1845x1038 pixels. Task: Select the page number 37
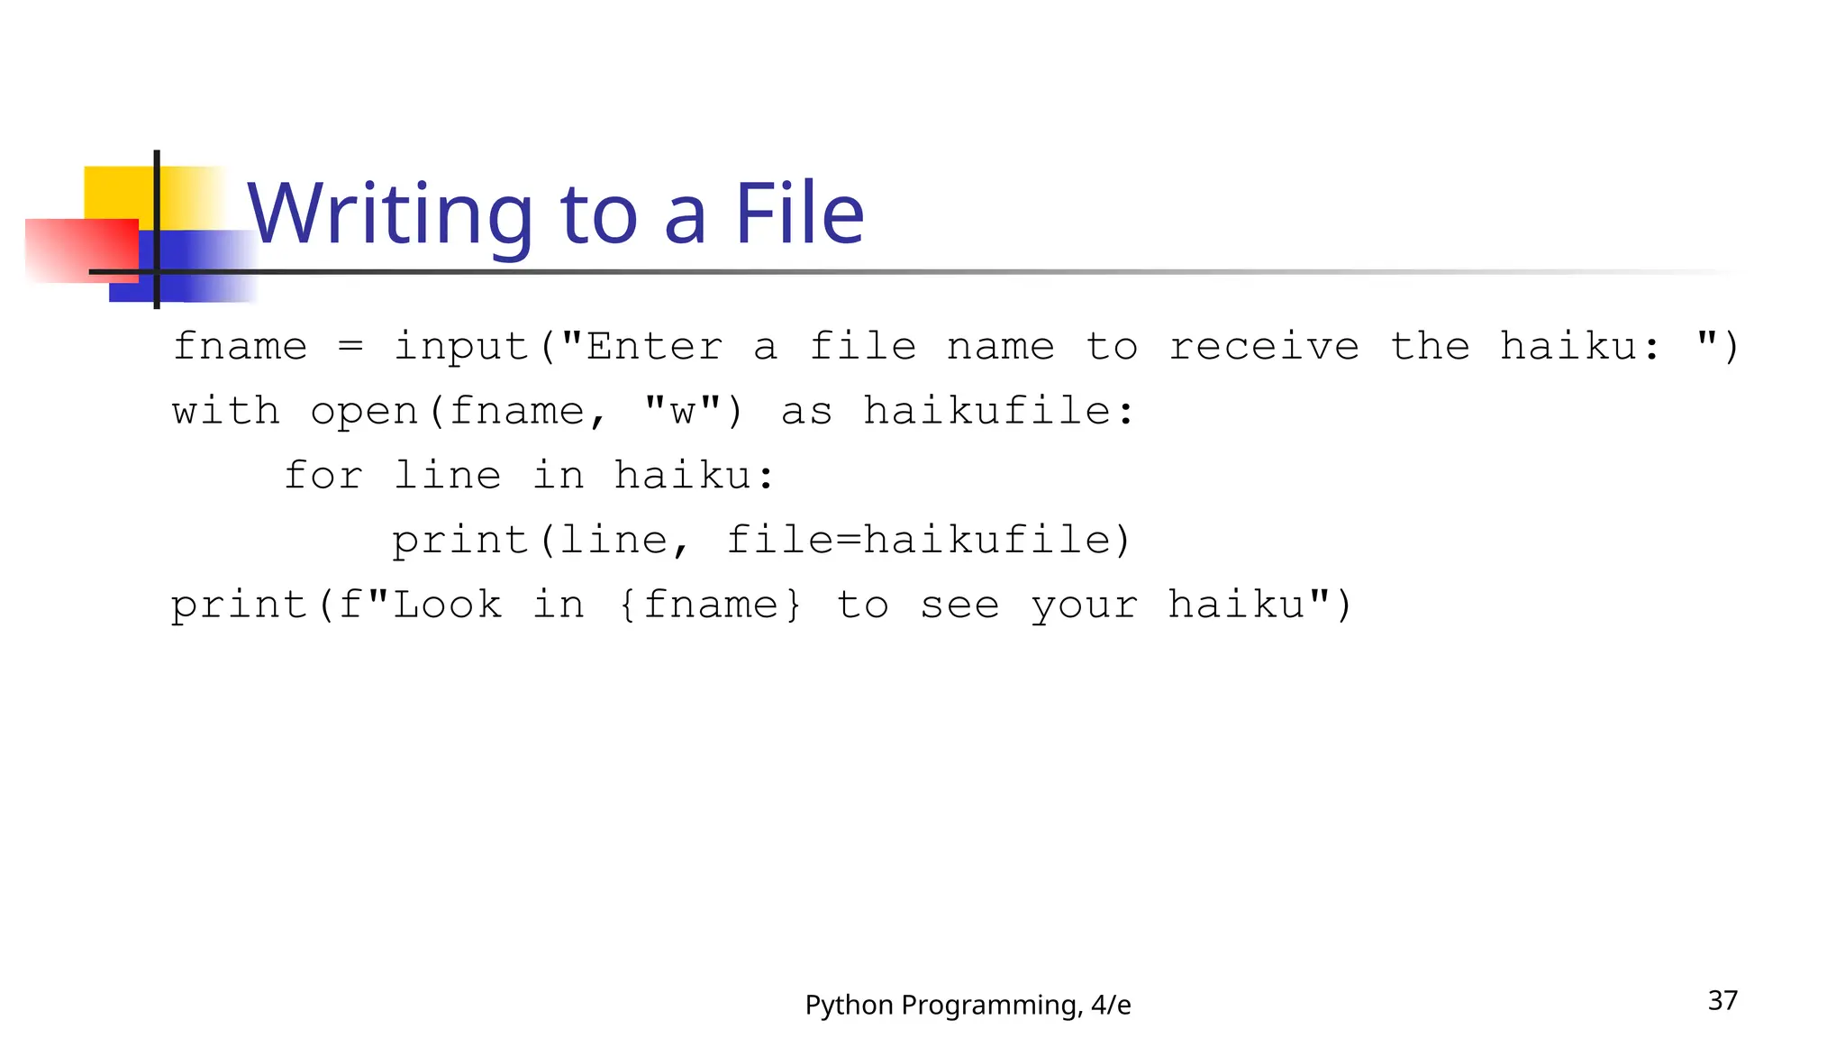pos(1722,1000)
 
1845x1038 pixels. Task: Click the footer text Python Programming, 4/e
pos(968,1005)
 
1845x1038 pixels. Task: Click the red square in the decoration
pos(81,250)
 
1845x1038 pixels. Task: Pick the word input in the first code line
pos(460,347)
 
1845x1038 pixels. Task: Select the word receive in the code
pos(1264,347)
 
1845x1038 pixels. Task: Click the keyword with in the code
pos(226,412)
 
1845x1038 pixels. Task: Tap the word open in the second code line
pos(365,412)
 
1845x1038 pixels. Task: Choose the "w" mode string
pos(683,412)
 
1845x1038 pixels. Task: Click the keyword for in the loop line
pos(323,476)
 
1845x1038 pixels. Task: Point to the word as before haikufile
pos(806,412)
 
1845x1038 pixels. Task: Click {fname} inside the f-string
pos(710,605)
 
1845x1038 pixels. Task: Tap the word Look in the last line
pos(448,605)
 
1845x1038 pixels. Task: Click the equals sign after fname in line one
pos(350,347)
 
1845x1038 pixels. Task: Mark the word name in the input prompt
pos(1000,347)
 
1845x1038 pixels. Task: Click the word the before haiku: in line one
pos(1430,347)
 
